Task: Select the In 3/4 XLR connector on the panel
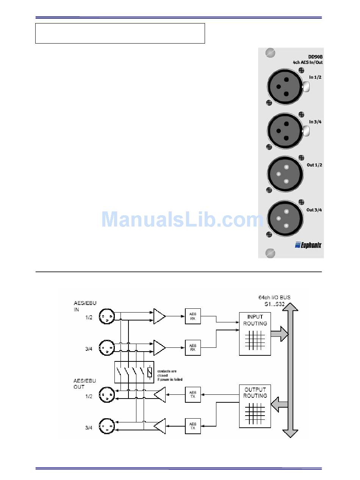tap(285, 130)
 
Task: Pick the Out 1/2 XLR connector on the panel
tap(285, 174)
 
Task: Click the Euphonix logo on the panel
tap(308, 245)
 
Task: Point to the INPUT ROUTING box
tap(255, 333)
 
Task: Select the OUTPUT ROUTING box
tap(255, 406)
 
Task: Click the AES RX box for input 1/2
tap(193, 316)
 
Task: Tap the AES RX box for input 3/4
tap(193, 347)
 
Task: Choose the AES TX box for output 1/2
tap(193, 395)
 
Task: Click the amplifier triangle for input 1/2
tap(159, 316)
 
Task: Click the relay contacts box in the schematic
tap(134, 372)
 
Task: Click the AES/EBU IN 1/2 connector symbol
tap(106, 317)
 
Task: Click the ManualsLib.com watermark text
tap(182, 219)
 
